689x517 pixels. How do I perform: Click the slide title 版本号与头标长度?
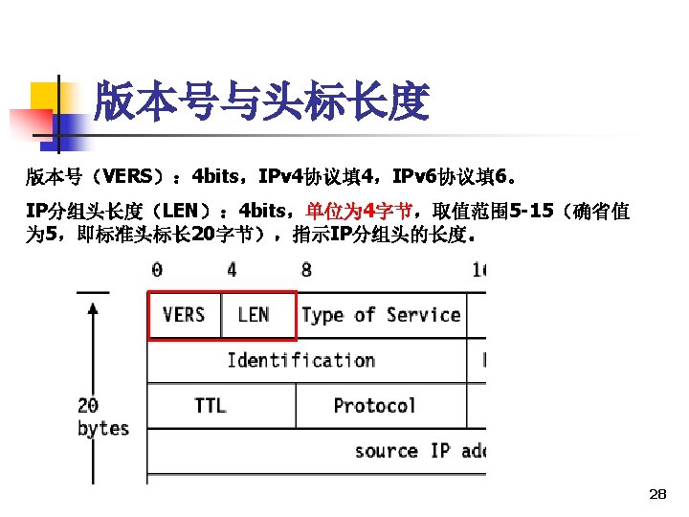pyautogui.click(x=261, y=101)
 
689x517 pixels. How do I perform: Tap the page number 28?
pyautogui.click(x=656, y=494)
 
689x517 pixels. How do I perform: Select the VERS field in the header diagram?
pyautogui.click(x=184, y=315)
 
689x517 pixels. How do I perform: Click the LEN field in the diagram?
pyautogui.click(x=254, y=315)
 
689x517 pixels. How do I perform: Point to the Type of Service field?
pyautogui.click(x=381, y=315)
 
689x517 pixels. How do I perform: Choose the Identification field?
pyautogui.click(x=300, y=361)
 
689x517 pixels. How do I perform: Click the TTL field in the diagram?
pyautogui.click(x=211, y=406)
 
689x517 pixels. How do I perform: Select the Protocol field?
pyautogui.click(x=374, y=406)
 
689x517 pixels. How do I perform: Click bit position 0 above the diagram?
pyautogui.click(x=157, y=270)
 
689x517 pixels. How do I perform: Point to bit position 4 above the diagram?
pyautogui.click(x=232, y=270)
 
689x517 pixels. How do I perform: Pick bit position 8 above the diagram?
pyautogui.click(x=306, y=270)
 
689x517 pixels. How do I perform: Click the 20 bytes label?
pyautogui.click(x=102, y=417)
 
